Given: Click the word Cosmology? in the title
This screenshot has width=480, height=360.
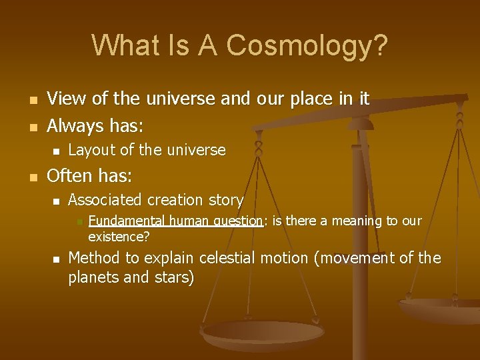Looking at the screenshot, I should tap(307, 45).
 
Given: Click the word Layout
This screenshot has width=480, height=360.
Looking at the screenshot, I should tap(91, 151).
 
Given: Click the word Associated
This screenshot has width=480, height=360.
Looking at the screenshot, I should tap(105, 200).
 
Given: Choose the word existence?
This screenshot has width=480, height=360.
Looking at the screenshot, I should tap(119, 237).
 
